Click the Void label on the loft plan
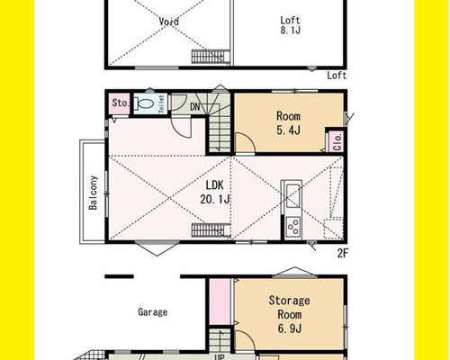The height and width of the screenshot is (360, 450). pyautogui.click(x=169, y=22)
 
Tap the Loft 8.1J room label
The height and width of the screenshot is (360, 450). pyautogui.click(x=290, y=25)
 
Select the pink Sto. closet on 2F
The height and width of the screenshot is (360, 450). pyautogui.click(x=120, y=103)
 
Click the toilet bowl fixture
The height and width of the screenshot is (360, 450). pyautogui.click(x=146, y=103)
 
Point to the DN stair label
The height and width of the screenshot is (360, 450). pyautogui.click(x=195, y=106)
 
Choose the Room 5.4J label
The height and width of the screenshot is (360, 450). pyautogui.click(x=288, y=123)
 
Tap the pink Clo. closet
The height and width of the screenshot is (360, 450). pyautogui.click(x=337, y=141)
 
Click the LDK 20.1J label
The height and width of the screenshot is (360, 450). pyautogui.click(x=215, y=192)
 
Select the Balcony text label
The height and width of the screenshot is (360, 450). pyautogui.click(x=94, y=193)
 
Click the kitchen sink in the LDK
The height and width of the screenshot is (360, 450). pyautogui.click(x=293, y=195)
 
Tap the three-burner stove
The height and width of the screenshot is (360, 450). pyautogui.click(x=293, y=227)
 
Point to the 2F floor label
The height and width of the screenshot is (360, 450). pyautogui.click(x=342, y=254)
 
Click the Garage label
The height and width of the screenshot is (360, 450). pyautogui.click(x=152, y=312)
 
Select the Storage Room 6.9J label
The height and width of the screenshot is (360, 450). pyautogui.click(x=289, y=314)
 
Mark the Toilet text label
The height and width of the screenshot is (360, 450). pyautogui.click(x=161, y=103)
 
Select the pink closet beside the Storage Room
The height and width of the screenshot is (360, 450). pyautogui.click(x=220, y=301)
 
